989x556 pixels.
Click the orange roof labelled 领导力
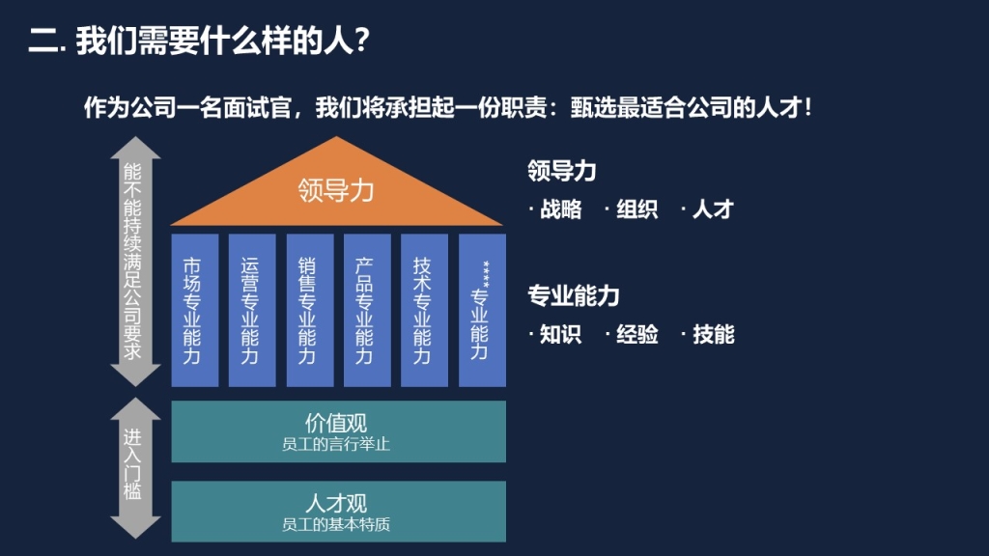point(336,189)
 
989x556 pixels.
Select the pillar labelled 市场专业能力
point(195,310)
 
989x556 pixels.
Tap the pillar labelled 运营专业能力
point(252,310)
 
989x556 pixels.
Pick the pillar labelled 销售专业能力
point(310,310)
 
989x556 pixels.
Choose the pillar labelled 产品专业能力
point(367,310)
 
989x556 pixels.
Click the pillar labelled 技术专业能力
point(425,310)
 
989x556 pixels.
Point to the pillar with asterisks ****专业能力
point(482,310)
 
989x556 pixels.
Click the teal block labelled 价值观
point(339,431)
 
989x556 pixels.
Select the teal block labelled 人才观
point(339,512)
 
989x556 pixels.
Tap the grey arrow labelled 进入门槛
point(135,468)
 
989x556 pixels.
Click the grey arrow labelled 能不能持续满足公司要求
point(135,261)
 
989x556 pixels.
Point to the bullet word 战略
point(561,209)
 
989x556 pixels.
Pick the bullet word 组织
point(637,209)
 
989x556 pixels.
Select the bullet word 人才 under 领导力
point(713,209)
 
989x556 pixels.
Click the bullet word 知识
point(561,334)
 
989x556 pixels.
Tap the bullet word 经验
point(637,334)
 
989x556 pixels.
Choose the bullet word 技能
point(714,334)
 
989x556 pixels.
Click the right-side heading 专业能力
point(574,295)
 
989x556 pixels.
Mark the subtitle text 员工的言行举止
point(335,444)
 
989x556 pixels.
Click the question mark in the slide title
point(361,42)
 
